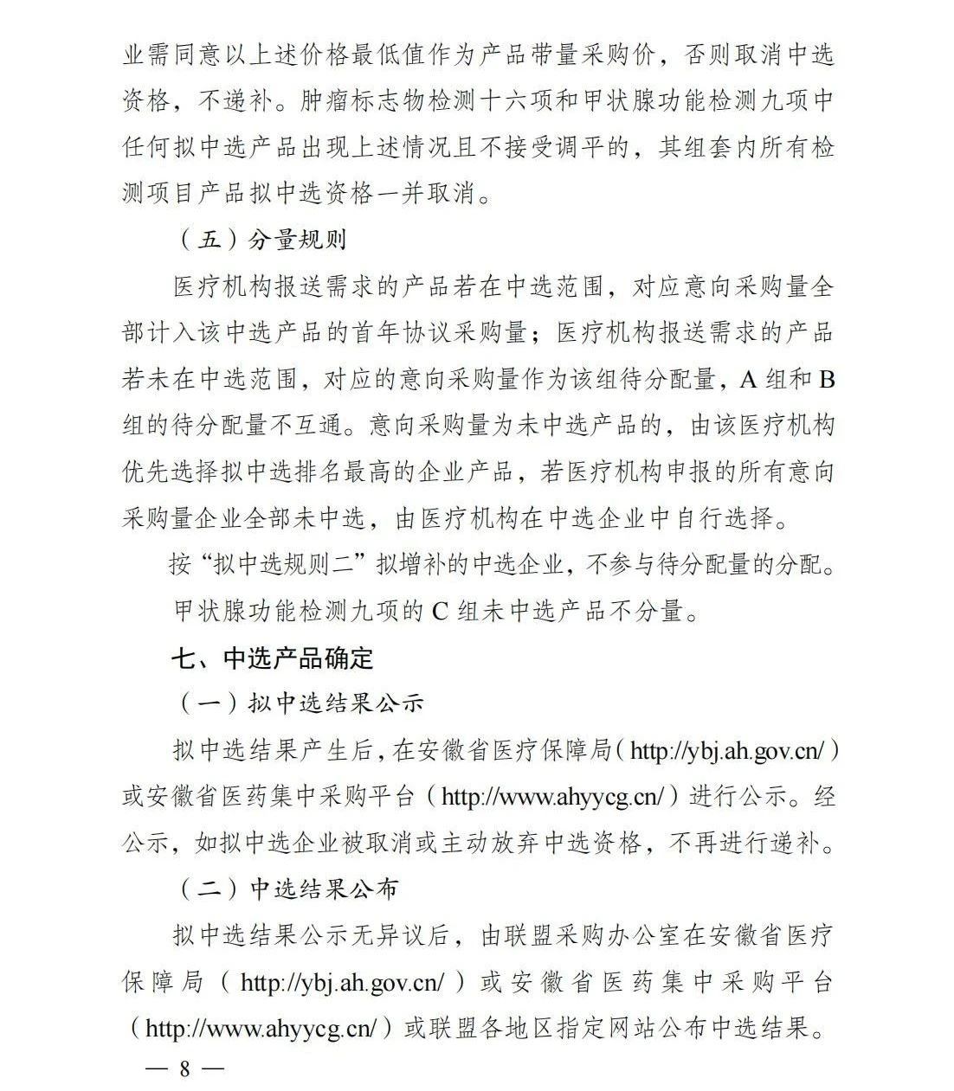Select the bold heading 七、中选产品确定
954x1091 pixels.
(x=272, y=658)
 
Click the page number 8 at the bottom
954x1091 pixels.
(x=184, y=1068)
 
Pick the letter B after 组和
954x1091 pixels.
(x=827, y=379)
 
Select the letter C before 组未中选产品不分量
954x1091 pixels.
(x=440, y=611)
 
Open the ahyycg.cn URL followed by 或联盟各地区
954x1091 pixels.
(x=262, y=1028)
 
